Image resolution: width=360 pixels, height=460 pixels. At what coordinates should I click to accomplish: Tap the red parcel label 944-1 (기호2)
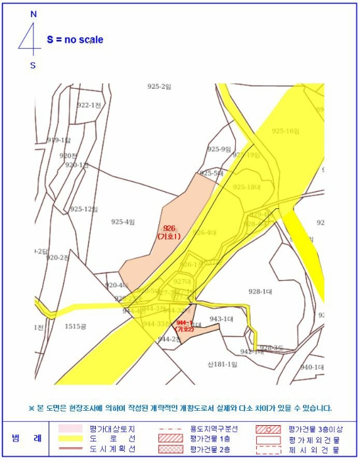coord(185,325)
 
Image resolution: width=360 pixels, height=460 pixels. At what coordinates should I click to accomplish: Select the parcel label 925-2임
coord(158,87)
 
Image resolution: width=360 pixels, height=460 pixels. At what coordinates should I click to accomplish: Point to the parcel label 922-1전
coord(89,105)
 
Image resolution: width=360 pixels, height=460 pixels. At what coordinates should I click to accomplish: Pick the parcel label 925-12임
coord(83,209)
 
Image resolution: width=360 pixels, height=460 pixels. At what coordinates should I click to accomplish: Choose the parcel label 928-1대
coord(260,291)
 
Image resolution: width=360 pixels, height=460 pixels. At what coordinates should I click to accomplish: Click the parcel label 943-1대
coord(221,319)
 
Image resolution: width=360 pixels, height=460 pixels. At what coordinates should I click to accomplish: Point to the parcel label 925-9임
coord(219,149)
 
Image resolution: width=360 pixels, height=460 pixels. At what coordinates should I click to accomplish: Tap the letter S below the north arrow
coord(33,64)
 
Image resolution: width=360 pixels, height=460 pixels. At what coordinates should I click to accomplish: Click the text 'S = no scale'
coord(75,39)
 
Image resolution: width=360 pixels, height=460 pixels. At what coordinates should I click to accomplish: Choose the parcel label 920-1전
coord(76,165)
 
